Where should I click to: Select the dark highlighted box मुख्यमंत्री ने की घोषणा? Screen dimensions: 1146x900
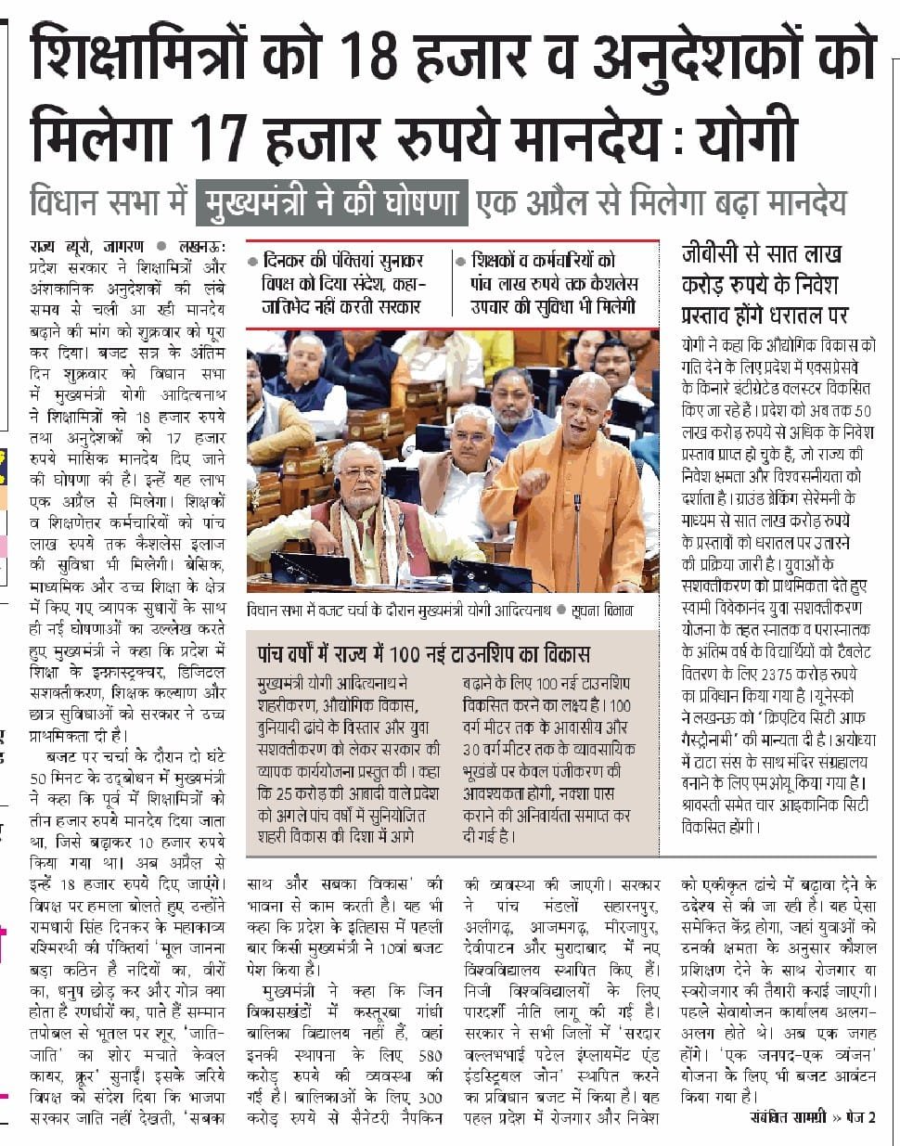[x=332, y=201]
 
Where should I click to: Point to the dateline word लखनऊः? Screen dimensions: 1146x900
[x=199, y=247]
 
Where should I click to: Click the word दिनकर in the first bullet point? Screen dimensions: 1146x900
[x=289, y=261]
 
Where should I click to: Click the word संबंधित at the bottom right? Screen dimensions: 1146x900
[x=776, y=1117]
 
